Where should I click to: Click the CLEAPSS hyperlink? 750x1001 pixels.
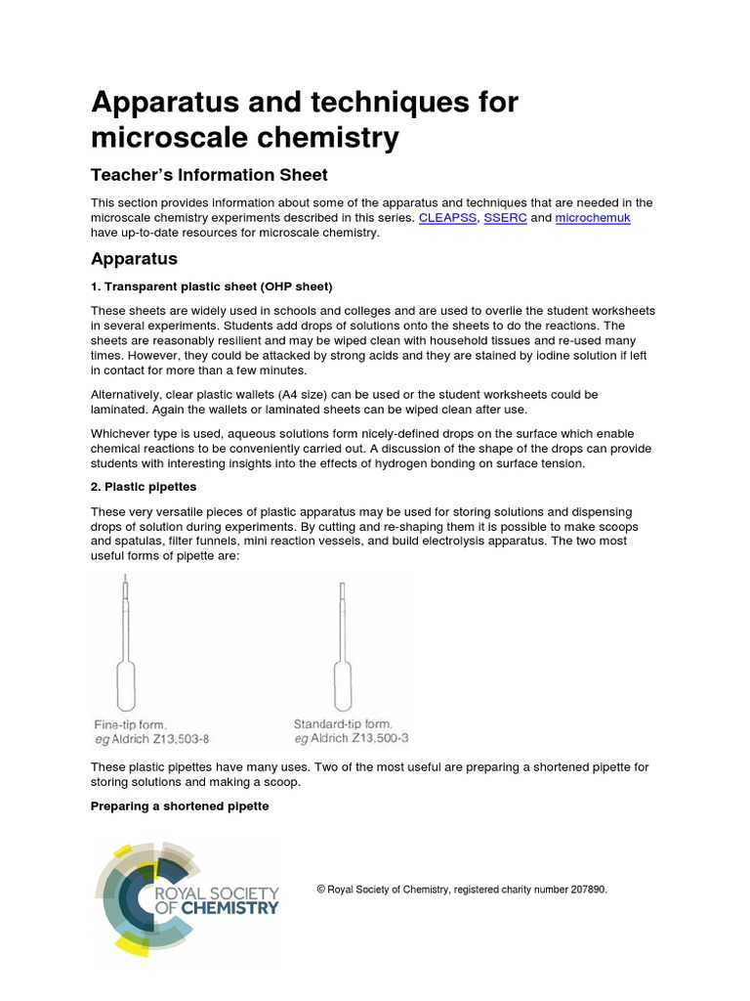(x=447, y=218)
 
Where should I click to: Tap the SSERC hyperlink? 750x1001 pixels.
(x=505, y=218)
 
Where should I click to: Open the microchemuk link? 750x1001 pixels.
(x=593, y=218)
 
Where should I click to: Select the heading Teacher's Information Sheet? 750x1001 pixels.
(x=209, y=175)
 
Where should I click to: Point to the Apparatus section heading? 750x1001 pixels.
(x=134, y=259)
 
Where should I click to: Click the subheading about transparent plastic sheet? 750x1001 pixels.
(x=212, y=286)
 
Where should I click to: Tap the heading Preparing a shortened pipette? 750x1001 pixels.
(x=180, y=806)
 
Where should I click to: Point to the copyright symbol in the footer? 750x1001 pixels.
(x=321, y=890)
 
